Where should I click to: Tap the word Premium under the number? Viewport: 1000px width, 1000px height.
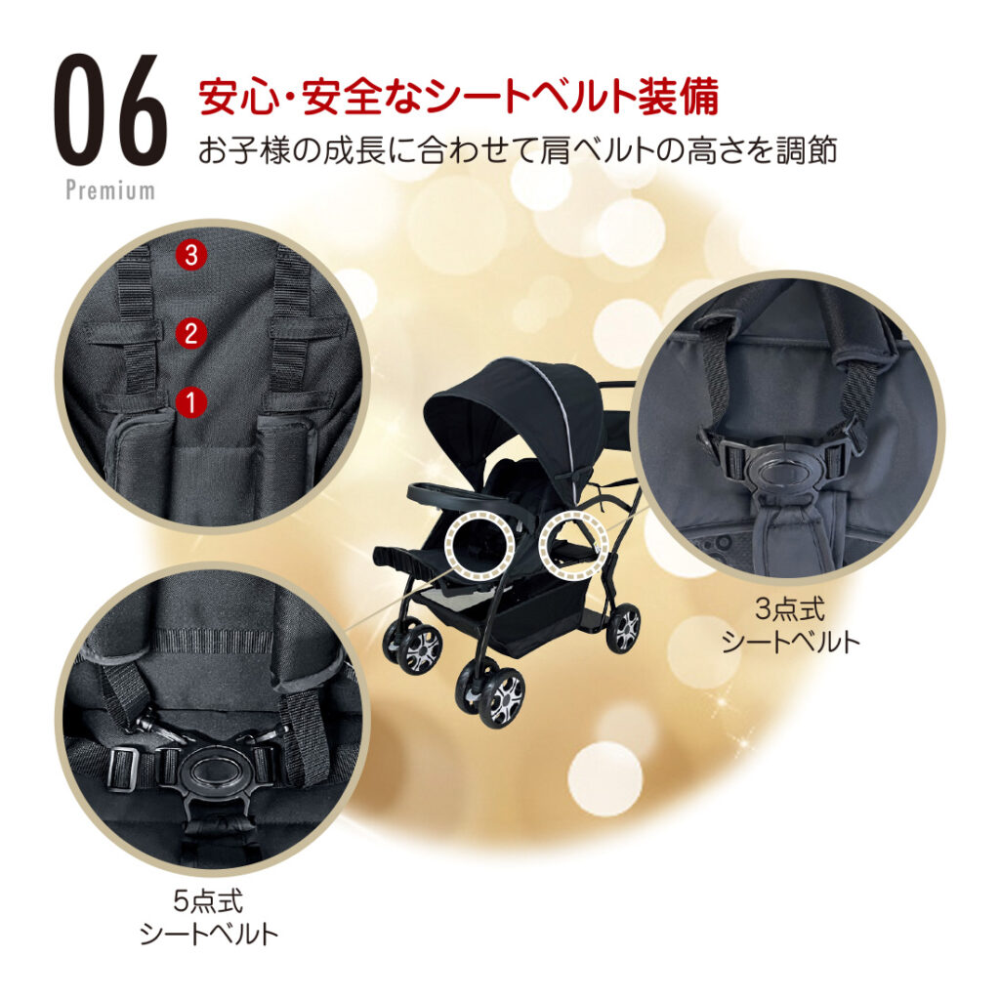click(110, 190)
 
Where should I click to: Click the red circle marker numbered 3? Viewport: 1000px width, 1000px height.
click(190, 256)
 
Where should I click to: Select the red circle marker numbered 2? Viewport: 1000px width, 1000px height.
click(190, 333)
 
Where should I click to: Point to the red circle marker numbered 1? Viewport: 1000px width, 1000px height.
click(190, 402)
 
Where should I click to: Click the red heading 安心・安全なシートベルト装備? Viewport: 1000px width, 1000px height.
click(459, 97)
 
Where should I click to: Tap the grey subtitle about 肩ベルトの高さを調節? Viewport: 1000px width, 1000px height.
click(518, 151)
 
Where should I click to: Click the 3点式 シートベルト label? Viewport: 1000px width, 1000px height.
click(790, 626)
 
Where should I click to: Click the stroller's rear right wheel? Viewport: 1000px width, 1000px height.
click(624, 626)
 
